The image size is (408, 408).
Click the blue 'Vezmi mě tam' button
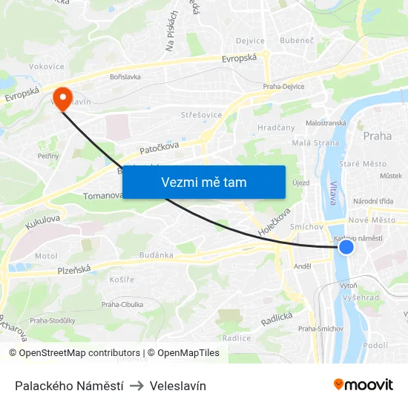coord(203,182)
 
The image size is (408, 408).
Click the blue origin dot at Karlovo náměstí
coord(346,248)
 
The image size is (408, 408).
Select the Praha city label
coord(377,136)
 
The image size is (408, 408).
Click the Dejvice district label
coord(250,41)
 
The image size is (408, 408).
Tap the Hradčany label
coord(276,128)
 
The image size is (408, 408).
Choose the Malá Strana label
coord(295,143)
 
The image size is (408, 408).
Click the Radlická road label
coord(277,318)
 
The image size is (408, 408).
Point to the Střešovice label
coord(198,115)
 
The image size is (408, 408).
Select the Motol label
coord(45,256)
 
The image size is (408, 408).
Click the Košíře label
coord(122,280)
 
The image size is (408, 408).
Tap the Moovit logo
coord(363,384)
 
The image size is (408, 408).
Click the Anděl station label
coord(302,266)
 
